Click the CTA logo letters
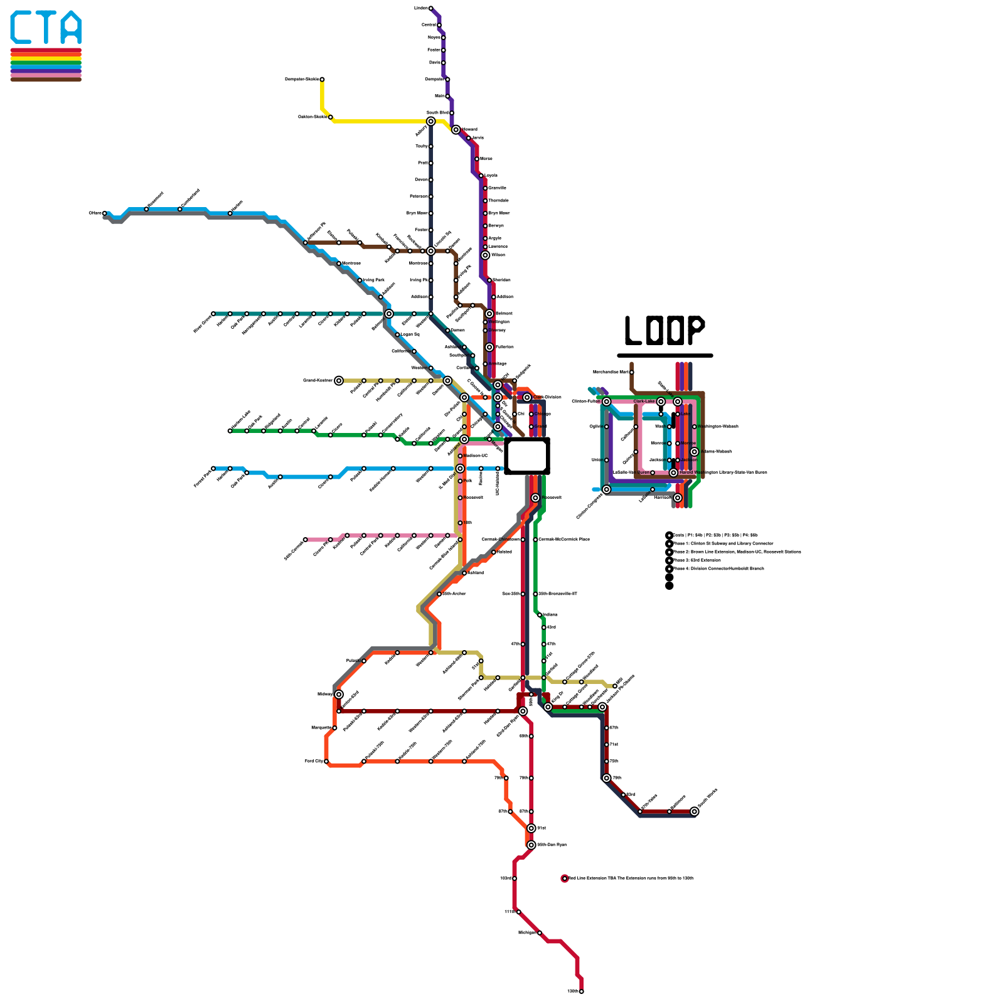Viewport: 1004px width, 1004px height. [46, 28]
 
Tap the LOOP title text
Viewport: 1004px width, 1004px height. [665, 330]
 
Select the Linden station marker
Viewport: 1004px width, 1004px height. [430, 8]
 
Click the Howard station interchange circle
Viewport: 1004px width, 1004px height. [456, 129]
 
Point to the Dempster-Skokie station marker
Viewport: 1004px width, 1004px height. [322, 79]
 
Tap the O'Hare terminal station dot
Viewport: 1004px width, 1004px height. [104, 213]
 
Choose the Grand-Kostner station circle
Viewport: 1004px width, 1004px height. [339, 380]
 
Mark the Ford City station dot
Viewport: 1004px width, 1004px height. [326, 761]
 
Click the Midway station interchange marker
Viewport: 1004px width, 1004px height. [339, 694]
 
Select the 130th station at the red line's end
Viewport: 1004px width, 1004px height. [581, 991]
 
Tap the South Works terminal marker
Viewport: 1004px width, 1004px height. [694, 811]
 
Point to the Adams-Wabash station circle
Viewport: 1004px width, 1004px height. [694, 452]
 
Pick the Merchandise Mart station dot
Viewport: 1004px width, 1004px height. [631, 372]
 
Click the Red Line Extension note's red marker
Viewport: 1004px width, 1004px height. [565, 878]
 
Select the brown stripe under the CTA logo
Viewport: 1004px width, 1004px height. [46, 79]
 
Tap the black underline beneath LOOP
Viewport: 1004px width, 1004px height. [665, 355]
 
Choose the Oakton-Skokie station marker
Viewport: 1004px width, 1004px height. [330, 117]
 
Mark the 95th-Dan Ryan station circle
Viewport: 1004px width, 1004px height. [531, 845]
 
